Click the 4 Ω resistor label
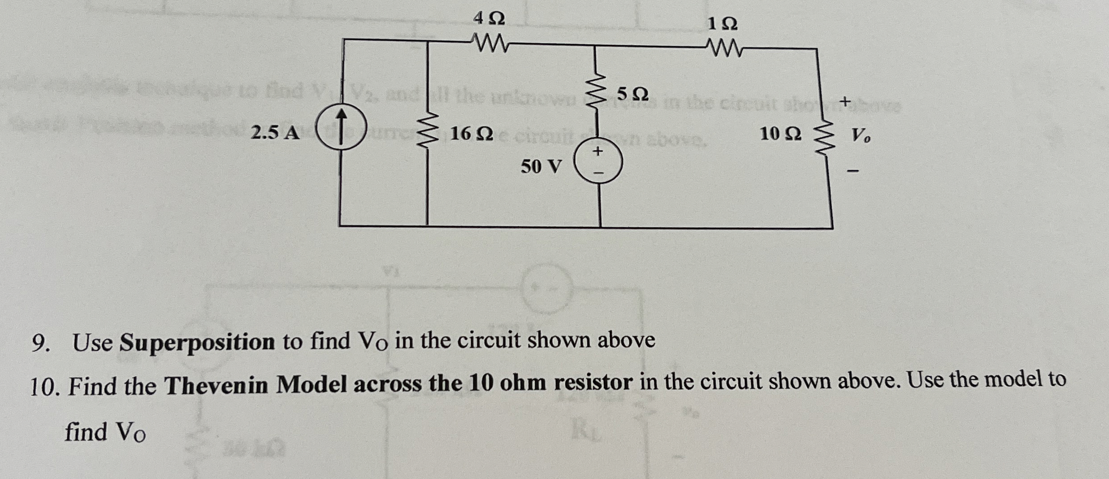[x=489, y=19]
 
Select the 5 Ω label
[x=632, y=94]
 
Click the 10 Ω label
[x=780, y=134]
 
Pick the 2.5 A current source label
[x=275, y=133]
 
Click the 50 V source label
[x=541, y=167]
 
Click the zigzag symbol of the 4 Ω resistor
[x=489, y=44]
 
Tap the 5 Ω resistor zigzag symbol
[x=595, y=96]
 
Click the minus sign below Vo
[x=853, y=171]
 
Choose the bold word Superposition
[x=197, y=343]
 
